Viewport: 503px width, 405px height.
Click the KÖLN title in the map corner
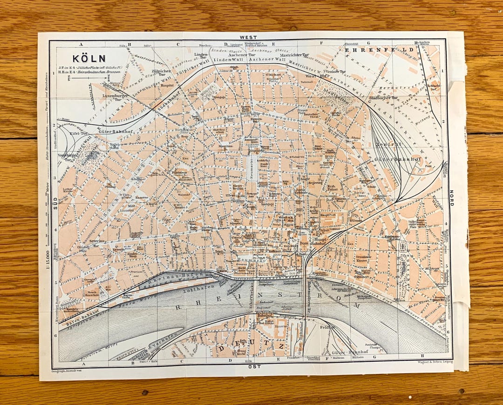88,59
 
